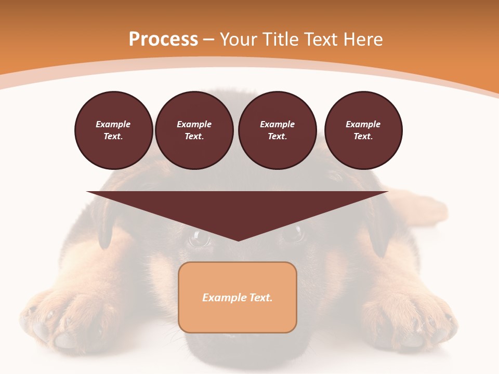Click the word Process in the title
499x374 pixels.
click(163, 39)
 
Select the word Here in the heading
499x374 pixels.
click(363, 39)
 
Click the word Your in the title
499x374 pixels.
click(239, 39)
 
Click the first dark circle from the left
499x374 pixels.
click(113, 130)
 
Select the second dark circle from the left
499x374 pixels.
click(194, 130)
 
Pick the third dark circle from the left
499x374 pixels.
click(278, 130)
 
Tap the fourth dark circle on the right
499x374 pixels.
click(363, 130)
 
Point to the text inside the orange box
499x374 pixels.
click(238, 298)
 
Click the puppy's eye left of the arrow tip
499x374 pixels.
click(199, 237)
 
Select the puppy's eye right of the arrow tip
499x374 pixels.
click(292, 234)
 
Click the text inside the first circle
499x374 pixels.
click(113, 130)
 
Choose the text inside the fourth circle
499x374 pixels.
click(363, 130)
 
